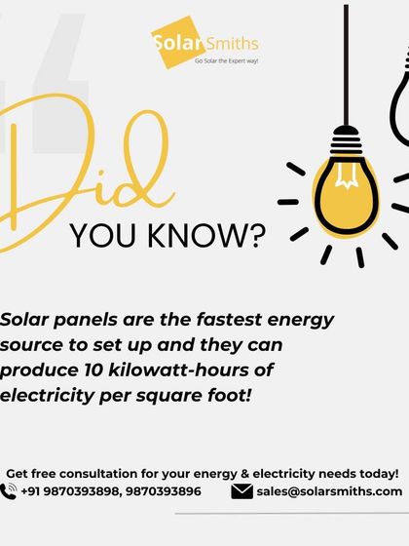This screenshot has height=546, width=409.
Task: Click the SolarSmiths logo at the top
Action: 204,43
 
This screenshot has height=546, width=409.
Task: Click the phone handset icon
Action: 9,491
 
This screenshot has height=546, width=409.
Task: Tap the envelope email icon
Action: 242,491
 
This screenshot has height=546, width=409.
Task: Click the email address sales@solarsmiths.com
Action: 329,491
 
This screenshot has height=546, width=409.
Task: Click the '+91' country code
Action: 32,491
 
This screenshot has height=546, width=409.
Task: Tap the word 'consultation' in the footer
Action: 109,473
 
